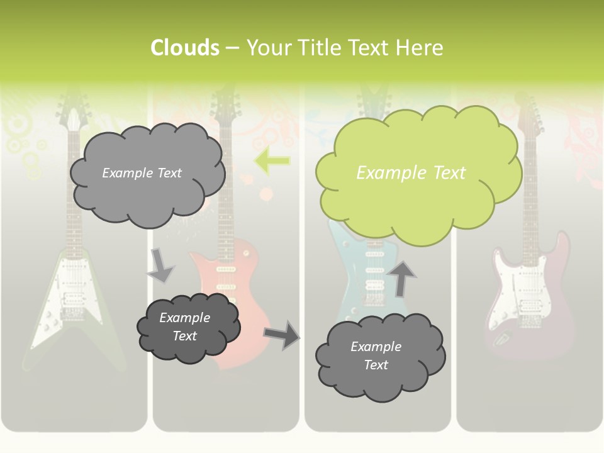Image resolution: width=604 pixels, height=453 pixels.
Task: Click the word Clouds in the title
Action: (184, 48)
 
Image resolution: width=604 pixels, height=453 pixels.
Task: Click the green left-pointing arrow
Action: (272, 161)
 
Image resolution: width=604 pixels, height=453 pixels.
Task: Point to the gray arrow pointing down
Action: (160, 264)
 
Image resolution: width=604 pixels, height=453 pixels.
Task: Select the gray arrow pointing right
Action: (281, 334)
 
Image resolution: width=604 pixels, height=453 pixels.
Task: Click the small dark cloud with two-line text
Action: (187, 327)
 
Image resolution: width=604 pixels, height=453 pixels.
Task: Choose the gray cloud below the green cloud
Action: (379, 356)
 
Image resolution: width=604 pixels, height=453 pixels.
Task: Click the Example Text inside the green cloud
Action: (411, 173)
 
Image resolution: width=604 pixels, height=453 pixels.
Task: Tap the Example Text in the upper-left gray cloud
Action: (142, 173)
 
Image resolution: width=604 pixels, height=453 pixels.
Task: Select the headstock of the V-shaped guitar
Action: (72, 116)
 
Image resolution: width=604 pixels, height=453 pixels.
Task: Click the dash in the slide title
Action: (232, 48)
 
